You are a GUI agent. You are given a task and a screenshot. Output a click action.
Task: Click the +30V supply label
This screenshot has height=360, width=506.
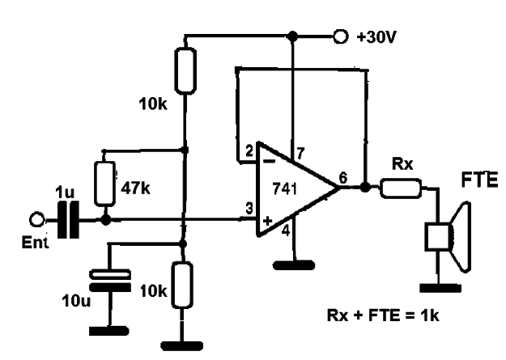376,37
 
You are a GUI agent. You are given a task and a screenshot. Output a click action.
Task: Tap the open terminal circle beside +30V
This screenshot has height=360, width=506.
340,36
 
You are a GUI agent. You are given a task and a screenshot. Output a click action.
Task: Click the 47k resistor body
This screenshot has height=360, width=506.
104,184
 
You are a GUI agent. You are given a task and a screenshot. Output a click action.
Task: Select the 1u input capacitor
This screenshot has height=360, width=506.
68,220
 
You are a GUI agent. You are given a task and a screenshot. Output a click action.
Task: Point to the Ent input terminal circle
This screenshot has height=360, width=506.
36,220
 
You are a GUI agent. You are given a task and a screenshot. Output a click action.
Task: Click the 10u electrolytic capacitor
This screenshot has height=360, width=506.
110,281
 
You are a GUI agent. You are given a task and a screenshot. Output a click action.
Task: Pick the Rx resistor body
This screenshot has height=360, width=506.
401,188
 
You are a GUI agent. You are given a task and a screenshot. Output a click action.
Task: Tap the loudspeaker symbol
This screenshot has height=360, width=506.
449,237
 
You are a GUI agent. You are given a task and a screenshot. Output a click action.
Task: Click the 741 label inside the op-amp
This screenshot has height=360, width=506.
285,188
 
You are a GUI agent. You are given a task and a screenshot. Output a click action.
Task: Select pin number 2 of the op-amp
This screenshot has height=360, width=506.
249,151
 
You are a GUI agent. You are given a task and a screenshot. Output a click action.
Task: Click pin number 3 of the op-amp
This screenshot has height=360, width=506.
249,209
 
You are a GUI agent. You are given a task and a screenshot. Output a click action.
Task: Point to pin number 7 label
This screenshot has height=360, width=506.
300,153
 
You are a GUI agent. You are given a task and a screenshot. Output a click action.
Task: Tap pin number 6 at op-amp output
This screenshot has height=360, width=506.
343,178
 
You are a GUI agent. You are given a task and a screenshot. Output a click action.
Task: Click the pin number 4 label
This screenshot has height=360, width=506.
286,231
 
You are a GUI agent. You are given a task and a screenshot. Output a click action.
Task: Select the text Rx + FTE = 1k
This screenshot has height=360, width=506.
383,316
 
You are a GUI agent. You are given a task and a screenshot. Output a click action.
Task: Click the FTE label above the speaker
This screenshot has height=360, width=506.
479,180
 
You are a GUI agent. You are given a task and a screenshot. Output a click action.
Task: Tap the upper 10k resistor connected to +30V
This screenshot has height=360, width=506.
185,70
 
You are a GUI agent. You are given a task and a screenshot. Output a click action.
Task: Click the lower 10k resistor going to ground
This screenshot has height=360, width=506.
182,286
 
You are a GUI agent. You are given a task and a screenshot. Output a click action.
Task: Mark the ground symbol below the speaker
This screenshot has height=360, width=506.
440,288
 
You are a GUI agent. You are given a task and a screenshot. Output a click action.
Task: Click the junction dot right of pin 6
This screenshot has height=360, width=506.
365,187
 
